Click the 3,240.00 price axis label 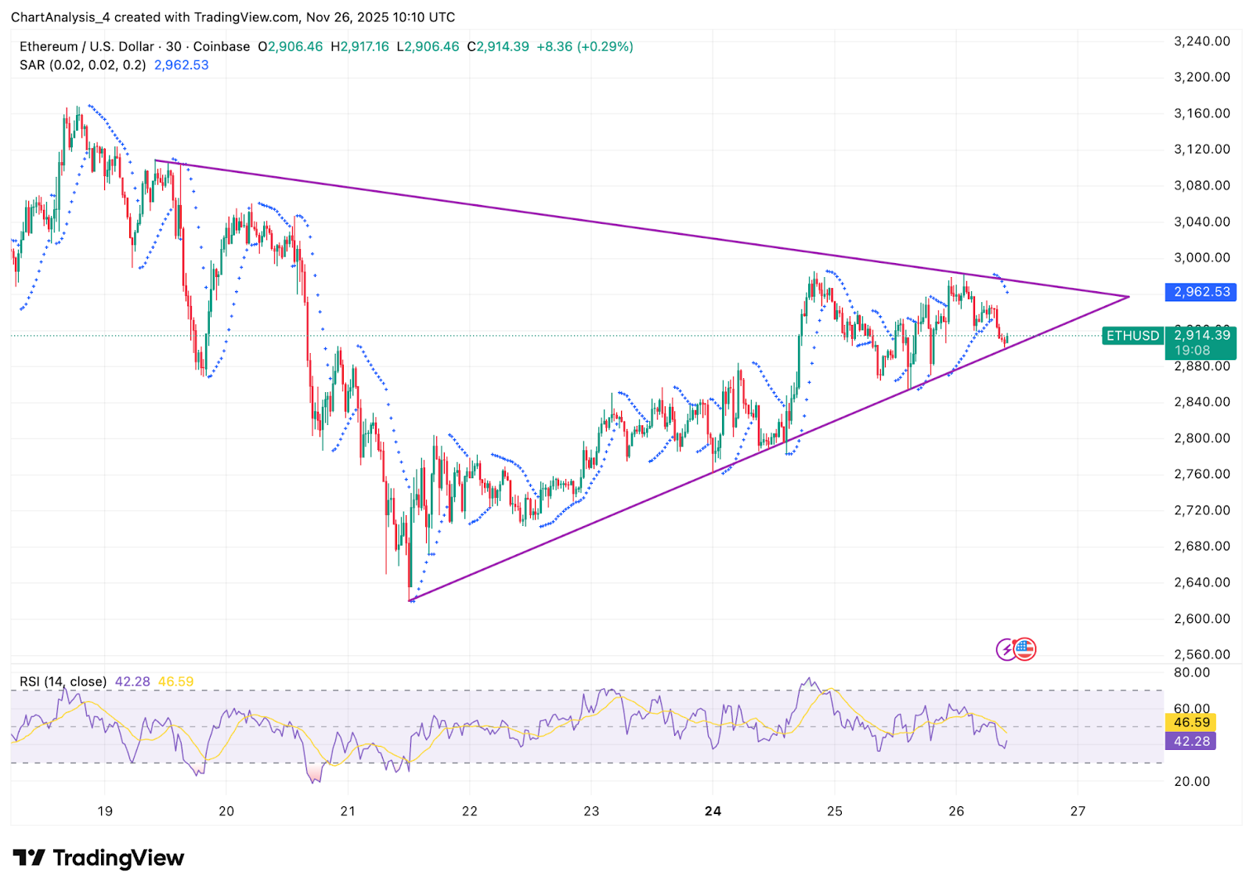pos(1201,41)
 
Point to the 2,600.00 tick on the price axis pos(1201,618)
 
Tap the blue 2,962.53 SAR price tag pos(1201,292)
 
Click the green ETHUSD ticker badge pos(1132,336)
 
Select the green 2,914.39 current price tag pos(1201,335)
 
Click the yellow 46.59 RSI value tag pos(1191,722)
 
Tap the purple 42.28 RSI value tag pos(1191,741)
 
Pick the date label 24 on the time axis pos(713,811)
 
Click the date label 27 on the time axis pos(1078,811)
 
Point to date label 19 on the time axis pos(105,811)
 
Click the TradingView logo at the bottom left pos(99,858)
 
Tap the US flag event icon pos(1024,649)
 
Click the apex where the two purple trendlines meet pos(1128,297)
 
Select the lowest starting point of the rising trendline pos(410,600)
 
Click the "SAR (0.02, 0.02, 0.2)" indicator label pos(83,65)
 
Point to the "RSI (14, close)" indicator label pos(63,682)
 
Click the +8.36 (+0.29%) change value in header pos(584,47)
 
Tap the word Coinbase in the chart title pos(222,47)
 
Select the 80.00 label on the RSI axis pos(1191,672)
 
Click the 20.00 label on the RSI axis pos(1191,781)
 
